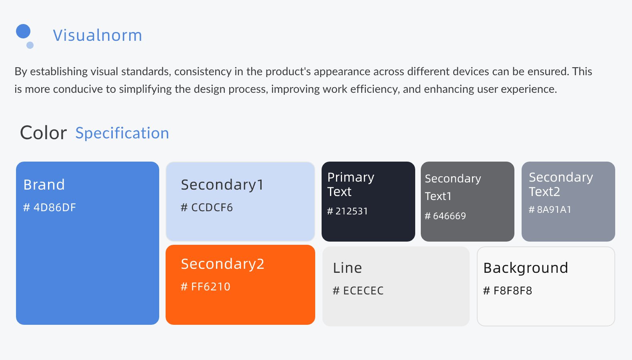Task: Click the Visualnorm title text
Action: pyautogui.click(x=97, y=35)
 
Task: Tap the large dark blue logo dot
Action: pyautogui.click(x=23, y=31)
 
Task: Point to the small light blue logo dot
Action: pyautogui.click(x=30, y=45)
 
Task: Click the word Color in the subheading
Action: pyautogui.click(x=43, y=133)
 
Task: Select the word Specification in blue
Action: pyautogui.click(x=122, y=133)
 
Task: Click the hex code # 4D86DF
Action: pyautogui.click(x=50, y=207)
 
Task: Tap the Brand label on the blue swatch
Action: pyautogui.click(x=44, y=184)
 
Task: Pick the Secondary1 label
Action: pyautogui.click(x=222, y=185)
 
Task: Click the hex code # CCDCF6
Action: pyautogui.click(x=207, y=207)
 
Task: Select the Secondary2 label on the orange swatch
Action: pyautogui.click(x=223, y=264)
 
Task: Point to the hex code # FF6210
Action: pyautogui.click(x=206, y=287)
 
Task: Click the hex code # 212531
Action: pyautogui.click(x=347, y=211)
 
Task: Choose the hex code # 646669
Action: pyautogui.click(x=445, y=216)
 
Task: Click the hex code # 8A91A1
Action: pyautogui.click(x=550, y=209)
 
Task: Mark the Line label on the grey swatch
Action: pyautogui.click(x=347, y=268)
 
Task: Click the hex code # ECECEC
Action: pyautogui.click(x=358, y=290)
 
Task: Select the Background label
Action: pyautogui.click(x=526, y=268)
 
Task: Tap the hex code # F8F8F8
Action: pyautogui.click(x=508, y=290)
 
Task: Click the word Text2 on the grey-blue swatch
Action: pyautogui.click(x=544, y=192)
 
